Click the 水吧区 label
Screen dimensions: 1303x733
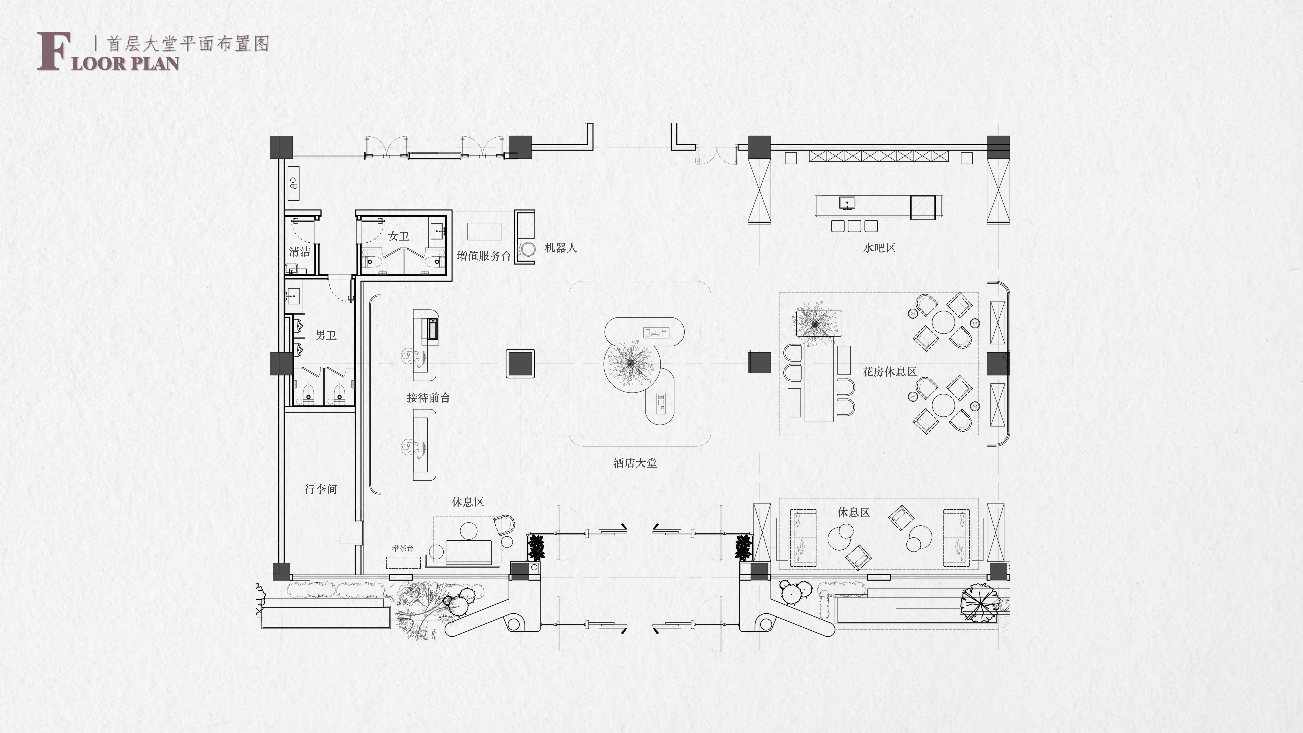click(x=879, y=248)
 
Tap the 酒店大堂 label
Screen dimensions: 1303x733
click(x=635, y=463)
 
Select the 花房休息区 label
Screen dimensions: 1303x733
click(x=889, y=372)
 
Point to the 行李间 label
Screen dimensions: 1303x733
click(x=321, y=489)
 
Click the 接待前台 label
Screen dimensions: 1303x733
click(x=428, y=398)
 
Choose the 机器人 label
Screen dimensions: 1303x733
click(x=560, y=248)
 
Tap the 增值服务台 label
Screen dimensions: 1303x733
click(x=484, y=256)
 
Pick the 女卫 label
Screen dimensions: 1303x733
click(x=399, y=236)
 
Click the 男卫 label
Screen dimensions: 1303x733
click(x=326, y=335)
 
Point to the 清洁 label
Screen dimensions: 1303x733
click(x=299, y=251)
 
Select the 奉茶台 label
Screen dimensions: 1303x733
click(x=403, y=548)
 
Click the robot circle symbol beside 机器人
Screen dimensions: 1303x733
click(x=529, y=249)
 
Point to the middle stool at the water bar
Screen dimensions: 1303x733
click(x=854, y=226)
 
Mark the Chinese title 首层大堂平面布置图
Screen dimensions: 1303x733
click(x=188, y=44)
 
